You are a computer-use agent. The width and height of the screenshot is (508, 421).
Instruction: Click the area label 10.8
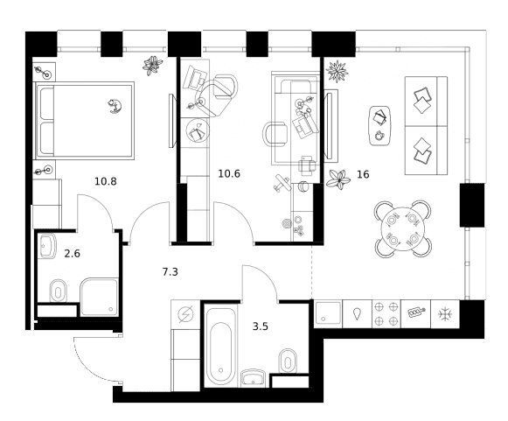pyautogui.click(x=105, y=181)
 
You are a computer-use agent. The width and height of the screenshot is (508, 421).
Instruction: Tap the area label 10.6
pyautogui.click(x=229, y=174)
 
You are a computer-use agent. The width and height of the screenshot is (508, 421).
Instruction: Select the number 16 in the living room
pyautogui.click(x=363, y=174)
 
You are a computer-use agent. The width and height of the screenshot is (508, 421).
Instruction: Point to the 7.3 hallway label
pyautogui.click(x=170, y=272)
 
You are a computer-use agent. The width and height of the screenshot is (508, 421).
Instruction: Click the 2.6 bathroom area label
pyautogui.click(x=72, y=253)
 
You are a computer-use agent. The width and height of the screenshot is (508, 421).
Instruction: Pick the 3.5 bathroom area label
pyautogui.click(x=261, y=326)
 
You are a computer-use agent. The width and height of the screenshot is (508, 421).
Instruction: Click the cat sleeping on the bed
pyautogui.click(x=115, y=106)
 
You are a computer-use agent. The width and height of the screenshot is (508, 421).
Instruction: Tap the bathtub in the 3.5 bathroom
pyautogui.click(x=221, y=346)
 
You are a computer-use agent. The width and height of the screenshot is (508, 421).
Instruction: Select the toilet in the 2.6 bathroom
pyautogui.click(x=59, y=291)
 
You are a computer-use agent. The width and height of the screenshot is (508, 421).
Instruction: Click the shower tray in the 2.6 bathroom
pyautogui.click(x=99, y=297)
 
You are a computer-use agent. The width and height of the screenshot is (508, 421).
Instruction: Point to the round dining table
pyautogui.click(x=403, y=229)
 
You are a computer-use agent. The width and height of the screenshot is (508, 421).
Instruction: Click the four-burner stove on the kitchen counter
pyautogui.click(x=386, y=314)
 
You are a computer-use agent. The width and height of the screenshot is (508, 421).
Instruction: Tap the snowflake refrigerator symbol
pyautogui.click(x=445, y=314)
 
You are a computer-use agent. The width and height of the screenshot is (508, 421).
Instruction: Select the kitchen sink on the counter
pyautogui.click(x=328, y=312)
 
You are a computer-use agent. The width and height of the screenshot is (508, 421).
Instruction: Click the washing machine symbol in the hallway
pyautogui.click(x=185, y=314)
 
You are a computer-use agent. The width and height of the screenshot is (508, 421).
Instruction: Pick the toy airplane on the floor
pyautogui.click(x=282, y=183)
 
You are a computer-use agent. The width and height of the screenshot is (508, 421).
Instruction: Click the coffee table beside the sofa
pyautogui.click(x=379, y=126)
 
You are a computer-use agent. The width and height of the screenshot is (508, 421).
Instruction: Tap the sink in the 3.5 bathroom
pyautogui.click(x=253, y=377)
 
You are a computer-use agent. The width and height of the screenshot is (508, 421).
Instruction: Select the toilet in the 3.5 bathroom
pyautogui.click(x=288, y=361)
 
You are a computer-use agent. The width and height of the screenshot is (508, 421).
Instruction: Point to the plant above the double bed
pyautogui.click(x=152, y=66)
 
